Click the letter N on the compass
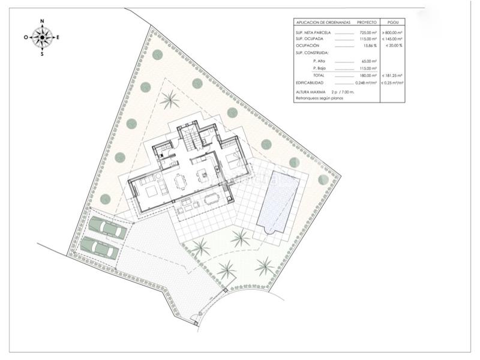(42, 22)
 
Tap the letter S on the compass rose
(42, 53)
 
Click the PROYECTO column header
(367, 22)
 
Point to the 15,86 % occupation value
(368, 46)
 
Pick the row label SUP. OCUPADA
(310, 38)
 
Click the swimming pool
(278, 203)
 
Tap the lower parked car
(100, 247)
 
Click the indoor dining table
(181, 180)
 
